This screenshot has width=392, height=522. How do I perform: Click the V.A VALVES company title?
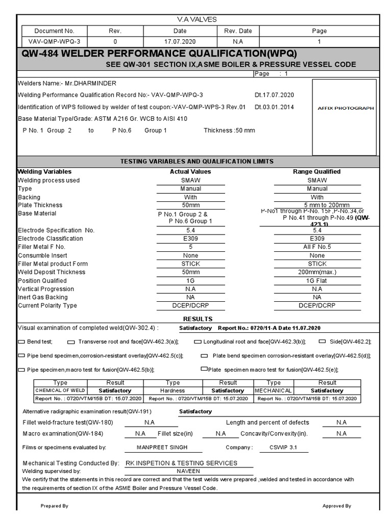click(x=197, y=19)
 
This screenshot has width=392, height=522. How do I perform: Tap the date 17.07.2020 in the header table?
click(x=173, y=41)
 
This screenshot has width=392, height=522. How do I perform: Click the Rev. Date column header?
click(x=238, y=31)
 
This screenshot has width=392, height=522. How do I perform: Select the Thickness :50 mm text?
click(x=229, y=130)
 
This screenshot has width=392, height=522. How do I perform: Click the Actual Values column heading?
click(x=190, y=172)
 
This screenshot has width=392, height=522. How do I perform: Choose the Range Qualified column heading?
click(x=316, y=172)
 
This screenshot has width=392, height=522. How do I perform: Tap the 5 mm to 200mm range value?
click(x=317, y=205)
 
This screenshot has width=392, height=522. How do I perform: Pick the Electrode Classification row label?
click(x=50, y=239)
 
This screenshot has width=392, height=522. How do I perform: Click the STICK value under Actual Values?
click(x=190, y=264)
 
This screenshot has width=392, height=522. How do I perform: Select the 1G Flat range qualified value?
click(x=317, y=281)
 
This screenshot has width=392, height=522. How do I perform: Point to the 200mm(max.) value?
click(x=317, y=272)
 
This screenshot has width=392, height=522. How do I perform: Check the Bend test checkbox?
click(x=21, y=342)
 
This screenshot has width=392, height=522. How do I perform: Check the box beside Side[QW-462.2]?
click(x=322, y=341)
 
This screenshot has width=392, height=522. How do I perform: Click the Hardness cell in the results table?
click(x=173, y=390)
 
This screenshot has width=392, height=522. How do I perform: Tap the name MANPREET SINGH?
click(x=162, y=448)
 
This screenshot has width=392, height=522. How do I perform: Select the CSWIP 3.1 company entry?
click(x=282, y=448)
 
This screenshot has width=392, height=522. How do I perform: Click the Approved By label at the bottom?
click(x=336, y=506)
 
